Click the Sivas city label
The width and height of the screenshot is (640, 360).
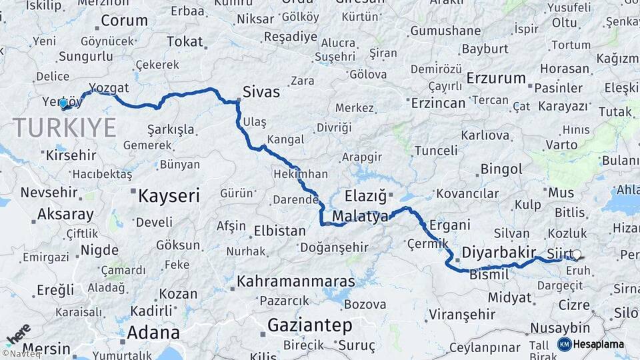[261, 92]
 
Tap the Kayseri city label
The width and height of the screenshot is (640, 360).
[169, 196]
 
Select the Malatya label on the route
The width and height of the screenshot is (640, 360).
[360, 217]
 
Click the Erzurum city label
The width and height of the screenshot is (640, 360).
[496, 78]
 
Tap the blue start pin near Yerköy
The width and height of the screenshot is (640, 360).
[63, 103]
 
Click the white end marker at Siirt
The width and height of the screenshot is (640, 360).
[577, 254]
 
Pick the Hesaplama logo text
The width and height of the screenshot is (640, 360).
[600, 345]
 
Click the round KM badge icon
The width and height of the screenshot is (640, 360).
[565, 344]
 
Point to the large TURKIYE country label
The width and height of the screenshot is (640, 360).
[64, 127]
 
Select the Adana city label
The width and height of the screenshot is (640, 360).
[153, 332]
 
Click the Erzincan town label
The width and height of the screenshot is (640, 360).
[438, 103]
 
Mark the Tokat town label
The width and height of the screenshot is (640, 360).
[185, 41]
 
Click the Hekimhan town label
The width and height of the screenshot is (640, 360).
[301, 174]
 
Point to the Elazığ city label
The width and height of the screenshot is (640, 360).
[365, 197]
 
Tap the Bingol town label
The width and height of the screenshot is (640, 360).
[501, 169]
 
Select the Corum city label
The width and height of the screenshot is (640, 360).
[123, 20]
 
